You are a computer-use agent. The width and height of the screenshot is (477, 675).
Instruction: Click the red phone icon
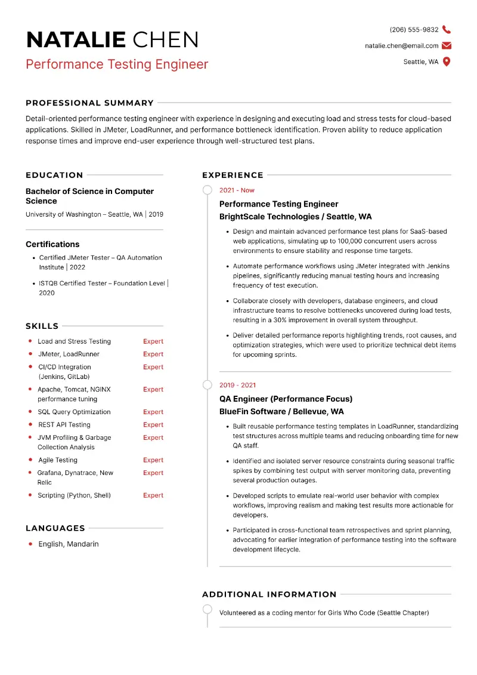click(x=447, y=30)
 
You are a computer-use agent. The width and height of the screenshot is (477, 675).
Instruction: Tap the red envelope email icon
click(x=447, y=45)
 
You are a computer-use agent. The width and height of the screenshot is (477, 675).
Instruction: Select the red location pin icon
click(x=447, y=61)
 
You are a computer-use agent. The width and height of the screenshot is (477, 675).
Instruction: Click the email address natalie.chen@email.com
click(x=401, y=46)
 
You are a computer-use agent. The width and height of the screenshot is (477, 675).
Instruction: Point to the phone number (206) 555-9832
click(x=414, y=30)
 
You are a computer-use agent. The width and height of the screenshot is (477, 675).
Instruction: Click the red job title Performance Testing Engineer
click(x=117, y=64)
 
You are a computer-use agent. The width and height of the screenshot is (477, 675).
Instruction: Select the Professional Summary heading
click(x=89, y=103)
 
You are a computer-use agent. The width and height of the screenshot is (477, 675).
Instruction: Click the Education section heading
click(x=54, y=175)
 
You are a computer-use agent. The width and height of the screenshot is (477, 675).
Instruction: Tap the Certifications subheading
click(x=52, y=244)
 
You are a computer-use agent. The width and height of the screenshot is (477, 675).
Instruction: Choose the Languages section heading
click(x=55, y=528)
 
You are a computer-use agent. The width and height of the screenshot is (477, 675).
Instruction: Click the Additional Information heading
click(x=269, y=594)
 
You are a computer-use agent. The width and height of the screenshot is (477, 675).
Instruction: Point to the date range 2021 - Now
click(x=237, y=190)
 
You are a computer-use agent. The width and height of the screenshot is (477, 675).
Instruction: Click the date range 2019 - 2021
click(x=237, y=385)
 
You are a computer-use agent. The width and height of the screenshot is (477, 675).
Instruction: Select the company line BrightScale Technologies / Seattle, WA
click(x=295, y=217)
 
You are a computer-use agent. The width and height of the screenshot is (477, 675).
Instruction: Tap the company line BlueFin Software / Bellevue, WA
click(x=281, y=411)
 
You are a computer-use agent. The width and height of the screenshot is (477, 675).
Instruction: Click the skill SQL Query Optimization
click(x=74, y=412)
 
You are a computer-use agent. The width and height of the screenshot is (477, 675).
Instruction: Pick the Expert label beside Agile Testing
click(x=153, y=460)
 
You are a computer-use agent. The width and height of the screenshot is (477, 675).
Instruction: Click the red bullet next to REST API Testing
click(x=30, y=424)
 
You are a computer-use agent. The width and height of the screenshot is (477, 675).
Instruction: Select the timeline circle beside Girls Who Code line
click(x=207, y=609)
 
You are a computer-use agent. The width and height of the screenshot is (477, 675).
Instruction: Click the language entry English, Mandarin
click(x=69, y=544)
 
